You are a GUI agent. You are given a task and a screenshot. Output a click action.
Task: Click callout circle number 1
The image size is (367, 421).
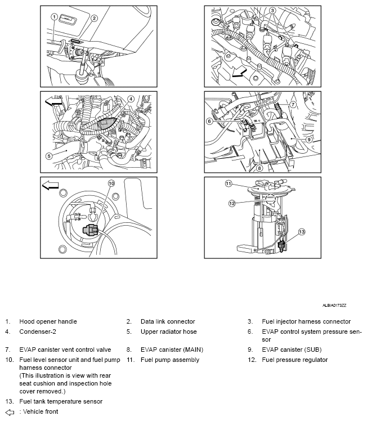click(55, 17)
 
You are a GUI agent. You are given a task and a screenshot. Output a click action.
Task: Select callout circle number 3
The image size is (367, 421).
click(272, 11)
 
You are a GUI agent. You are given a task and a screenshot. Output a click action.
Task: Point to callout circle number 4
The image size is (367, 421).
click(131, 98)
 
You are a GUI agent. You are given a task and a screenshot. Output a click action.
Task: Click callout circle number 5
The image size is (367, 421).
click(49, 156)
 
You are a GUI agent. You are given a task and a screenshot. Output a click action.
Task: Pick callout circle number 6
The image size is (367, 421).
click(209, 120)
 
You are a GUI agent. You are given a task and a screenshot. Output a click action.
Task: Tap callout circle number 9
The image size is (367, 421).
click(309, 139)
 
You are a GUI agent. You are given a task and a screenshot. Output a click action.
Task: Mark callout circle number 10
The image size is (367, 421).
click(111, 183)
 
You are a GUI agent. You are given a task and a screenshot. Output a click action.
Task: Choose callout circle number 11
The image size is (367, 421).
click(229, 183)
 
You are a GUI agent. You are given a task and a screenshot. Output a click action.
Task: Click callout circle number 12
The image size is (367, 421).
click(231, 204)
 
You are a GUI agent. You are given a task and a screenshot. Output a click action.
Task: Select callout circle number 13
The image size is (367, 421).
click(302, 231)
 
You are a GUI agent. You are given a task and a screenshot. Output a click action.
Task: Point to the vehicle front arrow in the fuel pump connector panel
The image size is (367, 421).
click(50, 186)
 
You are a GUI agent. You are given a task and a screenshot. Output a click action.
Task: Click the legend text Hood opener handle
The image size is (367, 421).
click(48, 321)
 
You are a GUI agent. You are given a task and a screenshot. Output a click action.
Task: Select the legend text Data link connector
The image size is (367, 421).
click(168, 321)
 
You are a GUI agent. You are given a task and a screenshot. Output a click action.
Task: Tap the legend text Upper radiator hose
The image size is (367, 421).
click(167, 332)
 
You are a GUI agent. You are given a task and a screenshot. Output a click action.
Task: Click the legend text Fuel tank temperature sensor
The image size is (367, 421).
click(61, 401)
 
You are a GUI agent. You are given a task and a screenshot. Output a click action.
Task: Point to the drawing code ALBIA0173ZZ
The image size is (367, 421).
click(334, 304)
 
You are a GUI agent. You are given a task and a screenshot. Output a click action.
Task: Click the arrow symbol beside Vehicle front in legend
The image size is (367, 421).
click(9, 411)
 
